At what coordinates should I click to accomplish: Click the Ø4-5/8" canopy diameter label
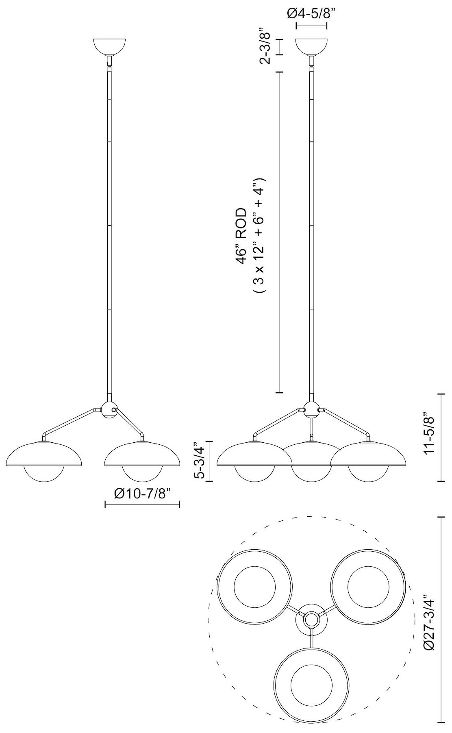pos(311,14)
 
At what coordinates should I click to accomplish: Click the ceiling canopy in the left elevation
pos(110,46)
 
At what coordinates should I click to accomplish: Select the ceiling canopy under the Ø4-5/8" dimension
pos(311,46)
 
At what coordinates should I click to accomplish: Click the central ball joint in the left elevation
pos(109,409)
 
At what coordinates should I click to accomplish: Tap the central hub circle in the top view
pos(311,620)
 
